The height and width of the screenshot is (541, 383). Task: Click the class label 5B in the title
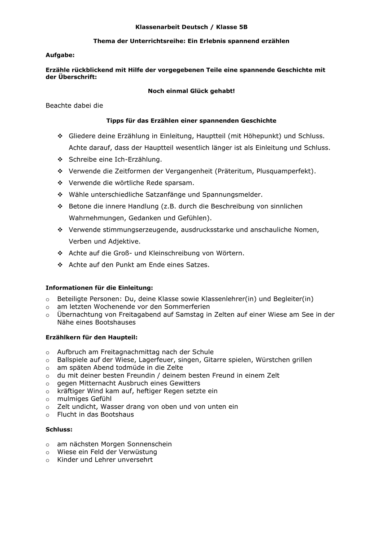click(x=243, y=27)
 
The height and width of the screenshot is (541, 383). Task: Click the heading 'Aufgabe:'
click(x=60, y=55)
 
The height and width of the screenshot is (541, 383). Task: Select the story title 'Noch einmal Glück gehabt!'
click(x=191, y=91)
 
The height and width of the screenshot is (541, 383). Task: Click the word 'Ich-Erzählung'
click(x=140, y=159)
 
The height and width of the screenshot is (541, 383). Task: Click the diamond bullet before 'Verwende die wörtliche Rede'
click(x=60, y=183)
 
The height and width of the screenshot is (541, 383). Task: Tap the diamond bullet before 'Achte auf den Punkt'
click(x=60, y=265)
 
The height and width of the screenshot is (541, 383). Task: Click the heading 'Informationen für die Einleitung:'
click(x=99, y=288)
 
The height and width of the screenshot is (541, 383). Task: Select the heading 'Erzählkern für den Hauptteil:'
click(x=91, y=338)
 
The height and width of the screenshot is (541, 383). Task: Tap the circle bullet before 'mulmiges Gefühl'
click(x=48, y=399)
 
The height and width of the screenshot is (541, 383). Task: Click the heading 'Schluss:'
click(x=59, y=430)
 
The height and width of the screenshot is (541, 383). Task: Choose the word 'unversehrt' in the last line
click(x=135, y=460)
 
